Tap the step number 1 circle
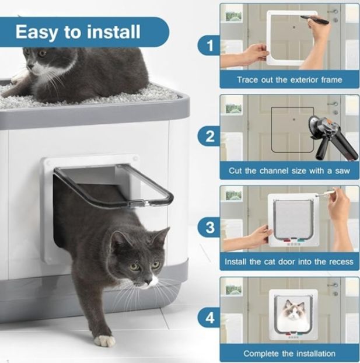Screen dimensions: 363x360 (x=208, y=44)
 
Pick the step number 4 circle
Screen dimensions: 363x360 (x=208, y=319)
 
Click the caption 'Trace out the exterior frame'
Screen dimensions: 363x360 (x=289, y=79)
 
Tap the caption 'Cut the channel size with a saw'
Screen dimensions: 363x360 (x=289, y=170)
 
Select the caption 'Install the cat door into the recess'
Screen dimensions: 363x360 (x=289, y=261)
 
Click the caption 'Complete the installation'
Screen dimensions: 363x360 (x=289, y=353)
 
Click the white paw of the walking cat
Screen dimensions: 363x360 (x=105, y=340)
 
